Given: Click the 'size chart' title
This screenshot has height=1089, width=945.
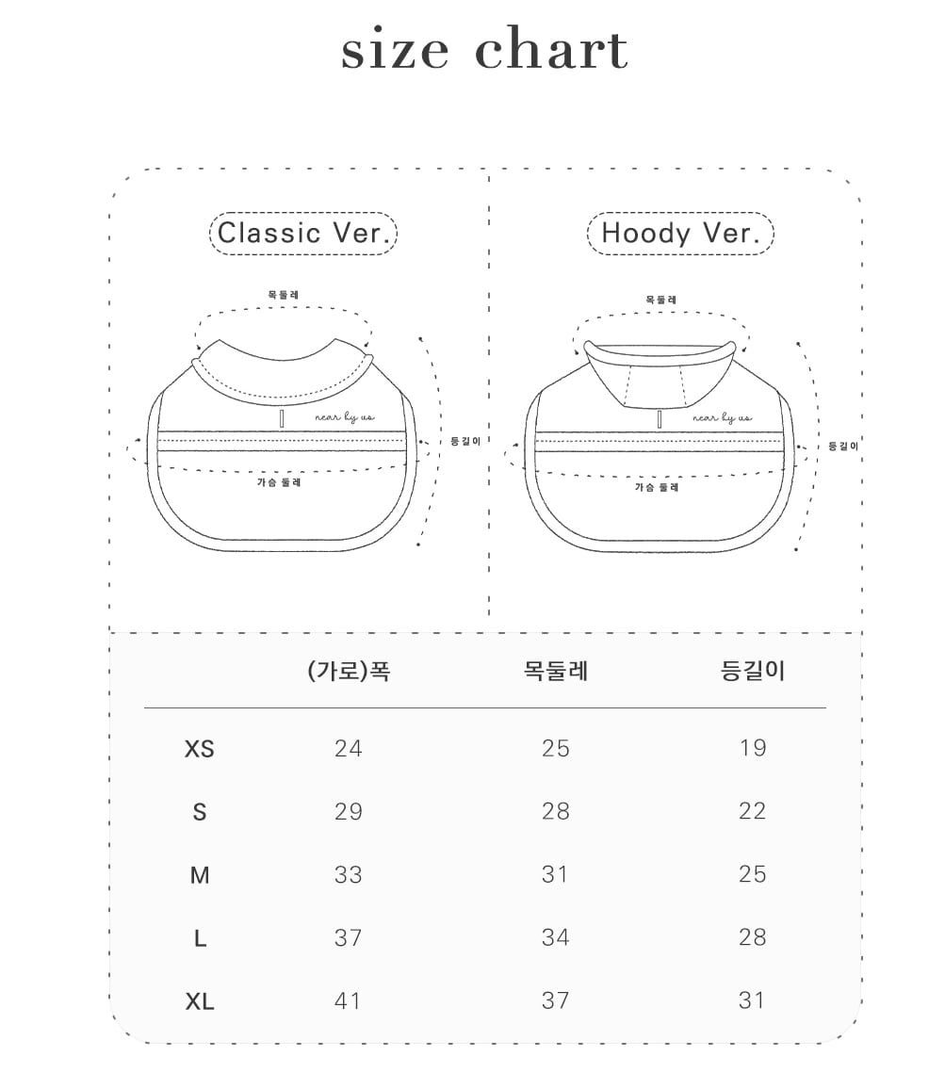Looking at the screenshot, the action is click(484, 51).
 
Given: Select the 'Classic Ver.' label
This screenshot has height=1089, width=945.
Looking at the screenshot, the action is click(302, 233).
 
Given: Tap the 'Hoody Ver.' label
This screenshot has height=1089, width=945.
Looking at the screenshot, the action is click(680, 233).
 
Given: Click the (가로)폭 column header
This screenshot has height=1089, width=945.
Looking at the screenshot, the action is click(349, 671).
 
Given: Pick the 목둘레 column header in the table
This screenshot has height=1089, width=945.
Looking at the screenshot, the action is click(555, 671).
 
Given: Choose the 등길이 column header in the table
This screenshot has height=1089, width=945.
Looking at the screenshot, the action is click(752, 671).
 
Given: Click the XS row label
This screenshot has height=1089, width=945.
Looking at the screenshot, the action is click(200, 749).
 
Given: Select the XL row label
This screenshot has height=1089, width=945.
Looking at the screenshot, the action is click(200, 1001).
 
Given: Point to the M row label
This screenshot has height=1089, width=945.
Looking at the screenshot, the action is click(200, 875).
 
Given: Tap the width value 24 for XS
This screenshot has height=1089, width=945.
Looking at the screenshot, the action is click(349, 749).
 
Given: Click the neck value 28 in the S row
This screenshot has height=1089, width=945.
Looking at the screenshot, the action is click(555, 812).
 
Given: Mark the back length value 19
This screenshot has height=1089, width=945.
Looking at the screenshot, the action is click(752, 749).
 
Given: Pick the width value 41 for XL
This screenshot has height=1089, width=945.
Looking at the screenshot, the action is click(349, 1001).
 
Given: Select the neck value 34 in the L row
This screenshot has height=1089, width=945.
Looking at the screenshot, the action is click(555, 938).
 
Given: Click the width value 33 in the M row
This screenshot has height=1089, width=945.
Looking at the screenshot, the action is click(349, 875).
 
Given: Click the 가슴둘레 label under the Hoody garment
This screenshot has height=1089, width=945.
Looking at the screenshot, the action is click(656, 487).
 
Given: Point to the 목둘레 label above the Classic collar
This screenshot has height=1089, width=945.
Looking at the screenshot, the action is click(283, 295).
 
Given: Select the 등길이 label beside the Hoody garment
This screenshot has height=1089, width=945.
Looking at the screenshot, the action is click(842, 446).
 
